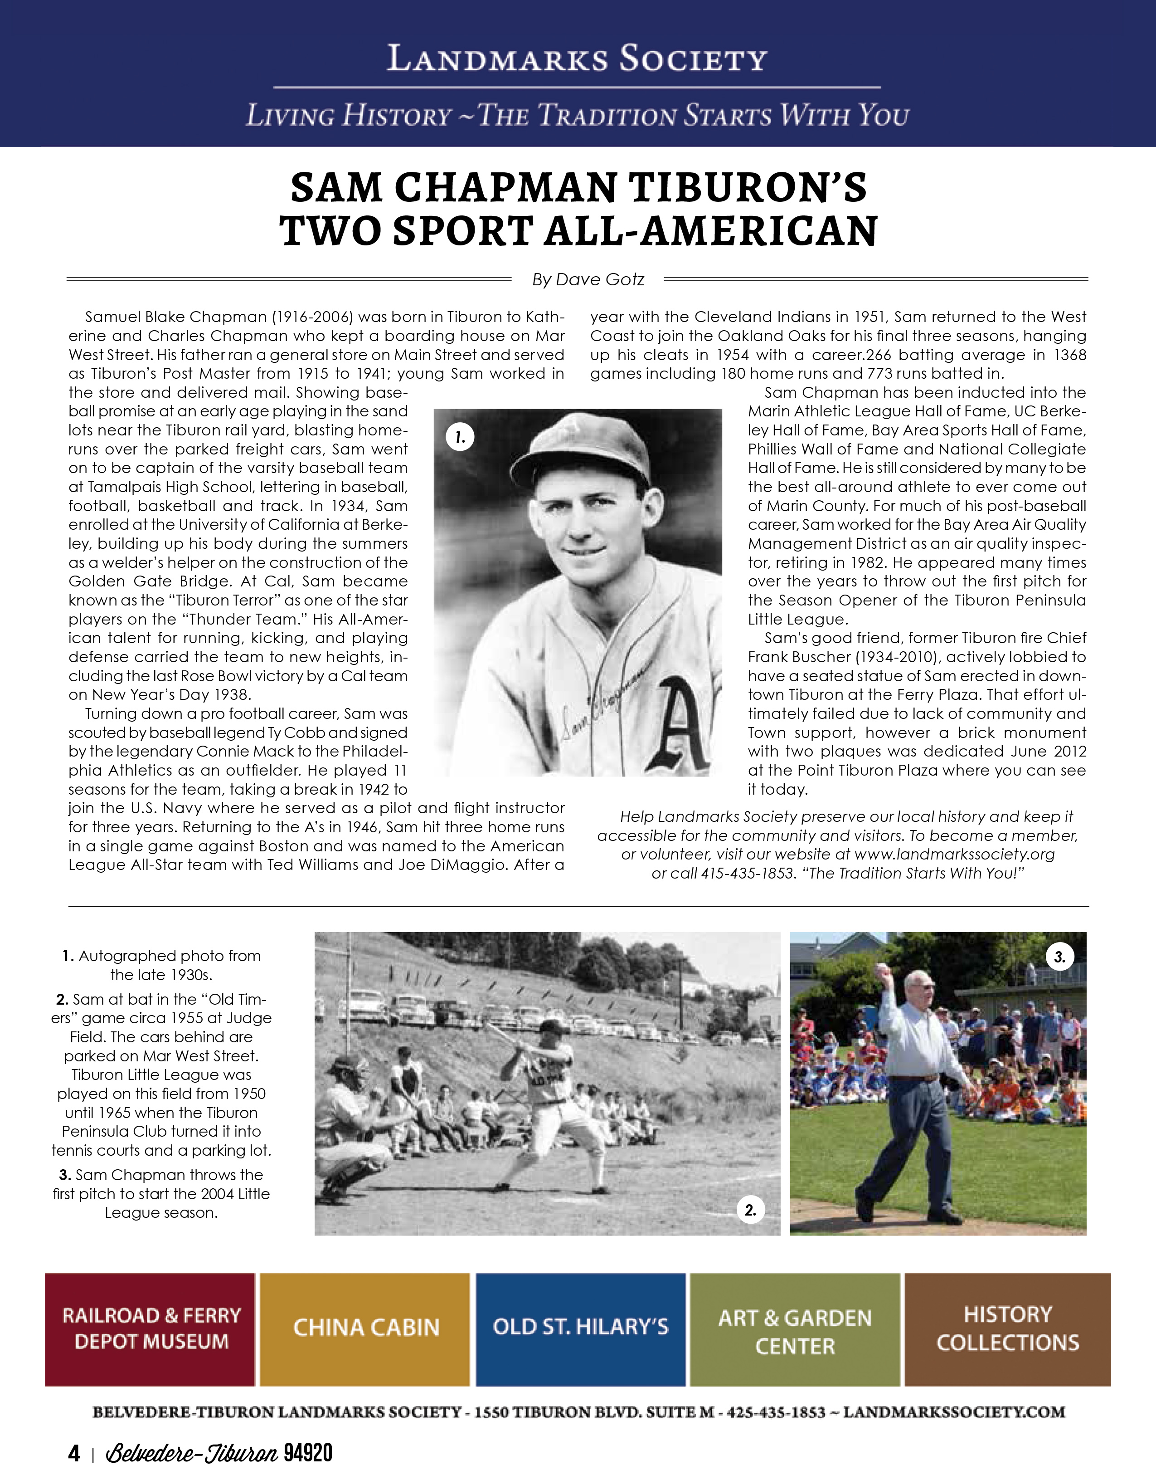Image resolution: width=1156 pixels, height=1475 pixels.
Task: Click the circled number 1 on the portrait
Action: pyautogui.click(x=460, y=438)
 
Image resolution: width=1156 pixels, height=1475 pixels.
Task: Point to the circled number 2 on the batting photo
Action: pyautogui.click(x=750, y=1210)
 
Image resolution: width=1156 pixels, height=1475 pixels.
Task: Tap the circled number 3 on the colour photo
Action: pyautogui.click(x=1059, y=957)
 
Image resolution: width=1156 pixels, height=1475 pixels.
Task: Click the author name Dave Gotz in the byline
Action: pyautogui.click(x=600, y=280)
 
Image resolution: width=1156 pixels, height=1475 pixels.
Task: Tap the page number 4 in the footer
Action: pyautogui.click(x=74, y=1453)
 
